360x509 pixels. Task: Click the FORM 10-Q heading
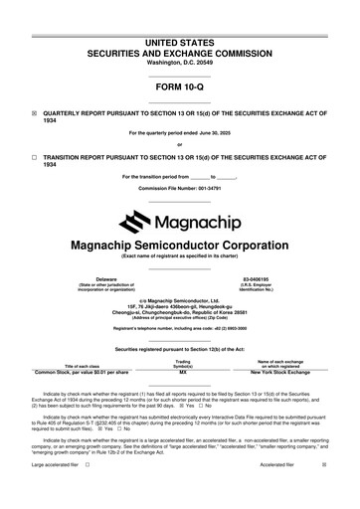point(180,88)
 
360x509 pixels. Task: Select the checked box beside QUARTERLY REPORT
point(34,113)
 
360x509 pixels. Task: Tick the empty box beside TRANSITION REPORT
point(34,157)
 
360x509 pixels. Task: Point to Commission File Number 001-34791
point(180,187)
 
